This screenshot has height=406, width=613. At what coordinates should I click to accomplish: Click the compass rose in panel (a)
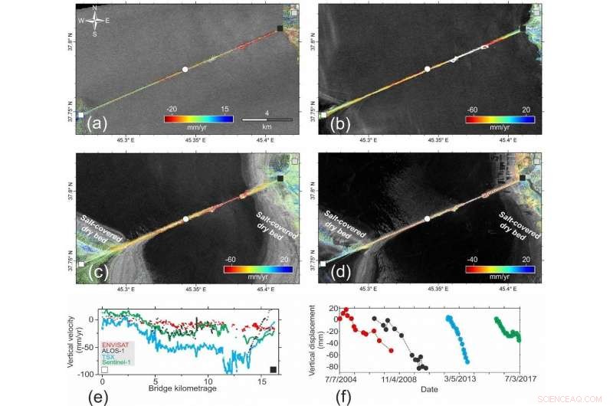[x=93, y=21]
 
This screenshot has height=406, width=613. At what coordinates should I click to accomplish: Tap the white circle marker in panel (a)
[x=185, y=70]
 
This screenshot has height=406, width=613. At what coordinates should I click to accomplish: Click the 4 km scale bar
[x=267, y=120]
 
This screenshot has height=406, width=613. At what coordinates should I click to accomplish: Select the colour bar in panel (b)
[x=500, y=120]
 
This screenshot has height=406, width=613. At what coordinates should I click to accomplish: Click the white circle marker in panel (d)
[x=427, y=218]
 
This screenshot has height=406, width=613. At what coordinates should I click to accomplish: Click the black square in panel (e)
[x=274, y=371]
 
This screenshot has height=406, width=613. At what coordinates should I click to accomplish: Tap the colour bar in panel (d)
[x=500, y=269]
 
